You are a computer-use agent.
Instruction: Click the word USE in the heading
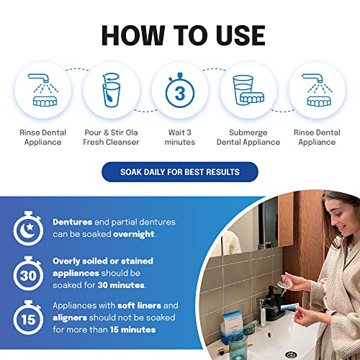[x=240, y=35]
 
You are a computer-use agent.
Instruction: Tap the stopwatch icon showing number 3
[x=180, y=90]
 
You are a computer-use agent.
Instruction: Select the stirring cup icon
[x=112, y=90]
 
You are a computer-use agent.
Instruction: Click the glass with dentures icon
[x=248, y=90]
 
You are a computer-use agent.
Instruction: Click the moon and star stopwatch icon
[x=28, y=228]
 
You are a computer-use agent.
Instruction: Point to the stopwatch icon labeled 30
[x=28, y=274]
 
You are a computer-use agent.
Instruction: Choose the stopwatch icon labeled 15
[x=28, y=318]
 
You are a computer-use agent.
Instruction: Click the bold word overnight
[x=134, y=234]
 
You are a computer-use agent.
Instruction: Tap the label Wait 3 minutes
[x=180, y=138]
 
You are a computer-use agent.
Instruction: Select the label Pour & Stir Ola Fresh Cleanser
[x=111, y=138]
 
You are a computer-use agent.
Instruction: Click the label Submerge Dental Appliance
[x=248, y=138]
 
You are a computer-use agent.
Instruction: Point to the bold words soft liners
[x=140, y=305]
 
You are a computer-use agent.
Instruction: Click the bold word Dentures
[x=73, y=222]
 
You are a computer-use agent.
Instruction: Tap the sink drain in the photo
[x=291, y=354]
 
